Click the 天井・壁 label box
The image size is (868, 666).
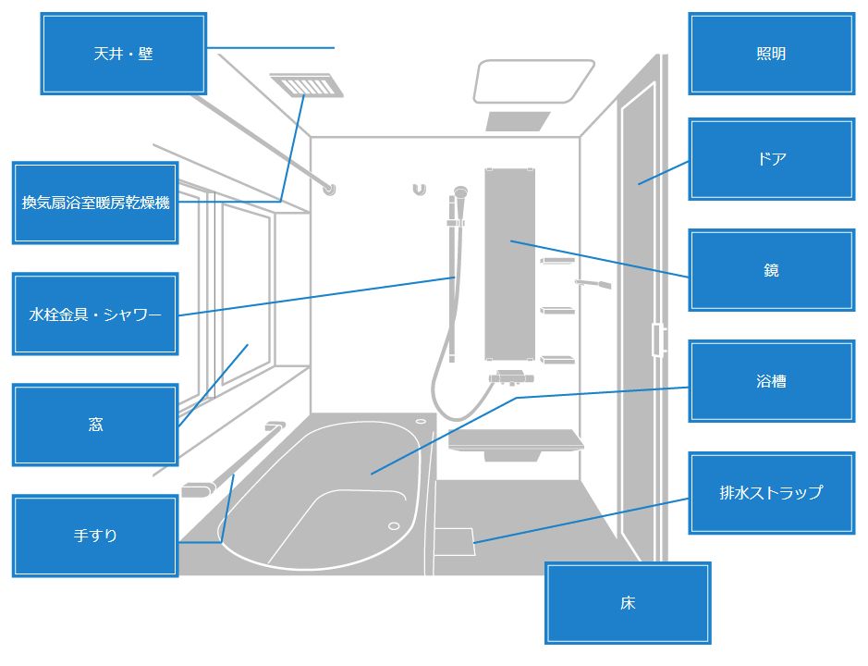point(123,54)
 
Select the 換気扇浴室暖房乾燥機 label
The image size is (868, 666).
point(95,203)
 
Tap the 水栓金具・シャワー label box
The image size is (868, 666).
point(95,314)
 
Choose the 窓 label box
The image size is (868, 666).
point(95,425)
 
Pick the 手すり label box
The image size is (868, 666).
point(95,536)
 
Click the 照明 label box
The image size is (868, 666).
point(771,54)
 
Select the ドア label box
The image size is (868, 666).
point(771,158)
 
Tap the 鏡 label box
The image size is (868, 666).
point(771,270)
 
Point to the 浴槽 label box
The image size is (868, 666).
point(771,380)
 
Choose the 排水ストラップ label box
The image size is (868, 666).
point(771,493)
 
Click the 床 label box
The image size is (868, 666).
point(628,603)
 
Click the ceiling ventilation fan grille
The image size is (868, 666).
point(306,85)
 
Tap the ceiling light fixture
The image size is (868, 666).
point(533,81)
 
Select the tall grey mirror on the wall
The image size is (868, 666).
point(509,264)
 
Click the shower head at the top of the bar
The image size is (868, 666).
point(458,193)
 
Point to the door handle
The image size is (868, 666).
point(658,339)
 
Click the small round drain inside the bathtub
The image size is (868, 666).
point(394,526)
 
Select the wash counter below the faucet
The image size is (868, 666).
point(516,440)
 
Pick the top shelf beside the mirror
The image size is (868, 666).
point(557,261)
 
